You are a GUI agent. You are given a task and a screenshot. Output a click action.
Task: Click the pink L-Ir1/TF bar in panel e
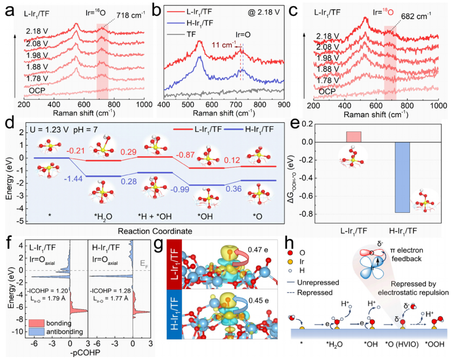(x=354, y=137)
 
